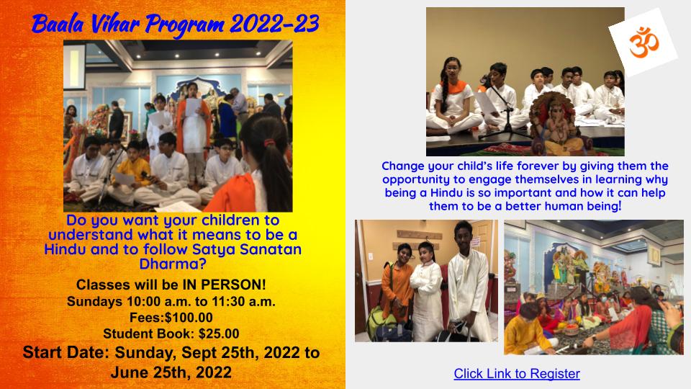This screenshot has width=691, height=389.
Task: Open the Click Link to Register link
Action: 516,373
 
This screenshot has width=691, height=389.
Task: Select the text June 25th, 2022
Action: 171,372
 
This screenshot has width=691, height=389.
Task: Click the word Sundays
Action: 96,301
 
